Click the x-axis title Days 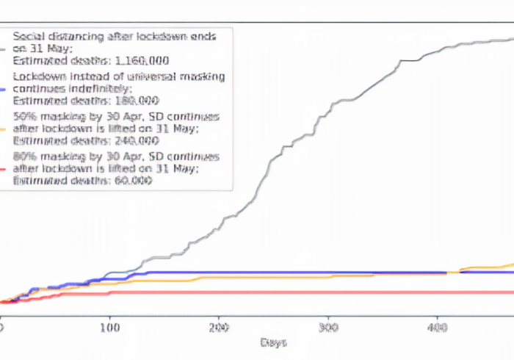tap(272, 342)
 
